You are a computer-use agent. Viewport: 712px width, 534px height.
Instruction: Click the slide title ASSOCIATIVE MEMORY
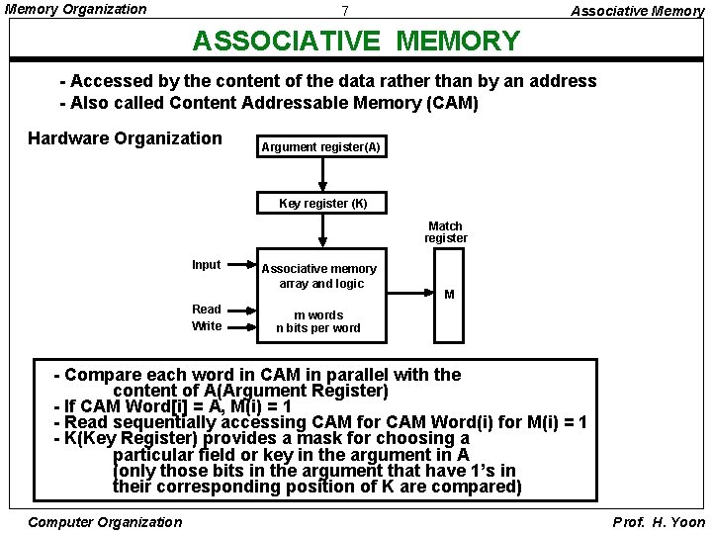[x=355, y=41]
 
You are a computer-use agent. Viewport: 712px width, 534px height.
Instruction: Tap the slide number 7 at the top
[x=344, y=12]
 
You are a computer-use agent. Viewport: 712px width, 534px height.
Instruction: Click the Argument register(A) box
[x=319, y=147]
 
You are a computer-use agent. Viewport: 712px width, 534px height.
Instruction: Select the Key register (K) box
[x=322, y=204]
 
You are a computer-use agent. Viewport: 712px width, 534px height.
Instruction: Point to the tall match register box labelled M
[x=450, y=294]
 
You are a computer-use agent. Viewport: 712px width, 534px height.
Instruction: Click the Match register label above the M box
[x=446, y=232]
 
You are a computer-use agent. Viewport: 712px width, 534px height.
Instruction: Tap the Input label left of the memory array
[x=206, y=265]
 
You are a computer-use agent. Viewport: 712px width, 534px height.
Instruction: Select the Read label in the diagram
[x=207, y=310]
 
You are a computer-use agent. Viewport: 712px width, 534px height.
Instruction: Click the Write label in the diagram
[x=207, y=326]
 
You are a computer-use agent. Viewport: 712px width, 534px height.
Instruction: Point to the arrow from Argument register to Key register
[x=322, y=176]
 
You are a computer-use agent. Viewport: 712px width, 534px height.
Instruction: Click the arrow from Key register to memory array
[x=322, y=231]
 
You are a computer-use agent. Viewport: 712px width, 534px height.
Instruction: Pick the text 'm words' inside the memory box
[x=318, y=315]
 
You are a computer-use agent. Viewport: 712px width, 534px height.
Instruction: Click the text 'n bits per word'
[x=318, y=328]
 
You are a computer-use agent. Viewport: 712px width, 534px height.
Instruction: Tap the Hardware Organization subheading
[x=125, y=138]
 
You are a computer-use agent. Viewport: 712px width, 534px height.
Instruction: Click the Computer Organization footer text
[x=106, y=522]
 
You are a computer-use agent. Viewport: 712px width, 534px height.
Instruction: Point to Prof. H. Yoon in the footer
[x=660, y=522]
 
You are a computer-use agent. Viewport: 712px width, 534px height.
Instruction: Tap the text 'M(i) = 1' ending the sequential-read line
[x=553, y=422]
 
